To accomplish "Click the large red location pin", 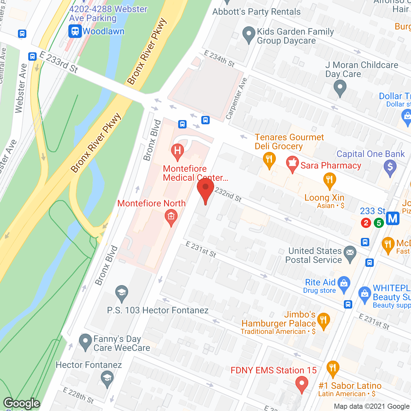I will click(x=205, y=189).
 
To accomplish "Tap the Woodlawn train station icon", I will click(x=75, y=31).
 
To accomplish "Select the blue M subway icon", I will click(x=392, y=219).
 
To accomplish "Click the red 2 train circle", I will click(x=366, y=223).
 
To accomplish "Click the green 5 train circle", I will click(x=379, y=223).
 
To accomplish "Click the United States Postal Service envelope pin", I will click(x=350, y=253).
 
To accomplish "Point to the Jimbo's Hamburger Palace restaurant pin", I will click(x=323, y=320).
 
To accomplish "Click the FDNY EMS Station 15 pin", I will click(x=302, y=384).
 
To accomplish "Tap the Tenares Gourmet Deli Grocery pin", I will click(x=269, y=159).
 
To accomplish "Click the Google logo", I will click(x=22, y=403).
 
